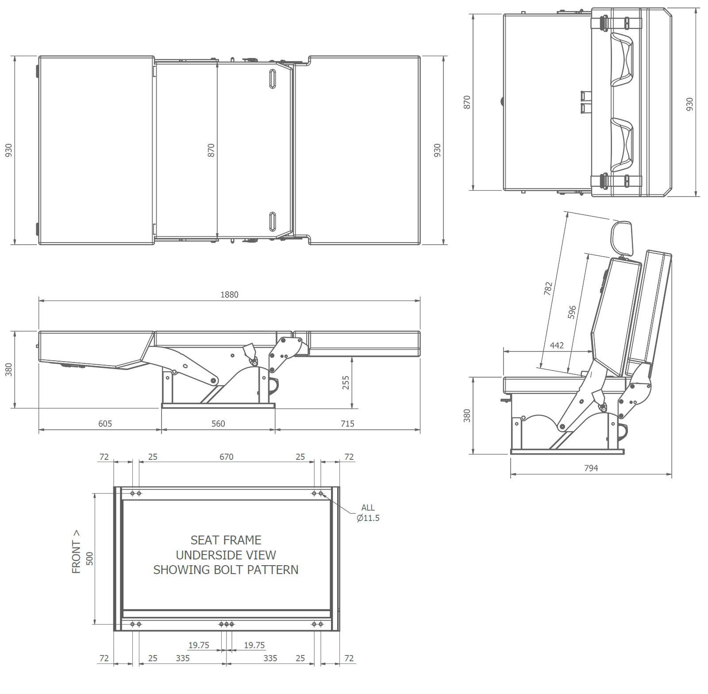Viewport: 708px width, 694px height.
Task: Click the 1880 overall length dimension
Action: click(x=229, y=295)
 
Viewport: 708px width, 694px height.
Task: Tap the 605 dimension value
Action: click(x=105, y=424)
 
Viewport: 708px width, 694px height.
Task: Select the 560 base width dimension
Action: click(x=218, y=424)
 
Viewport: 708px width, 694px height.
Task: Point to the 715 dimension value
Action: click(x=347, y=424)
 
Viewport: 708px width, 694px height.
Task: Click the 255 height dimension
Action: click(x=346, y=382)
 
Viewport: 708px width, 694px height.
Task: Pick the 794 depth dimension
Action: click(x=591, y=468)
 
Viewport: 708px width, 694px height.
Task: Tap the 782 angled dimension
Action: click(x=548, y=289)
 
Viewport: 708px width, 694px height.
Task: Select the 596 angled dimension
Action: click(x=572, y=312)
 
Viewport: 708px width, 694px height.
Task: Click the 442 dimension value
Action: click(x=557, y=345)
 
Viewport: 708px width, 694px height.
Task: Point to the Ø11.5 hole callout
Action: click(x=368, y=518)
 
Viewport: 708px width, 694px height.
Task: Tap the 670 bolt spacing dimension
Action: click(x=226, y=457)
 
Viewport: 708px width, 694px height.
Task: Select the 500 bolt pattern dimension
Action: click(x=90, y=559)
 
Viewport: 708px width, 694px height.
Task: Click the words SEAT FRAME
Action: click(x=226, y=540)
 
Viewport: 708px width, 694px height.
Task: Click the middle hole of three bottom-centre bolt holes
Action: click(x=227, y=624)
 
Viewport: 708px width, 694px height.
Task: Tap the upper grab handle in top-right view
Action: click(x=622, y=59)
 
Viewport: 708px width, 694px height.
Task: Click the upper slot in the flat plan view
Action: click(x=273, y=79)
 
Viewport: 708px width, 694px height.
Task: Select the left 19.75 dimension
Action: click(x=199, y=645)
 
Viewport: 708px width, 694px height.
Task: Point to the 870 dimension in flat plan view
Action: click(x=211, y=150)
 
